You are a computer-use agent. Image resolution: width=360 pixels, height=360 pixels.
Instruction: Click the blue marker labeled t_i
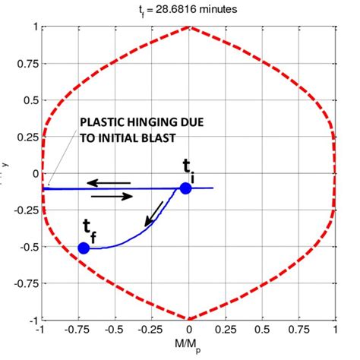[x=185, y=188]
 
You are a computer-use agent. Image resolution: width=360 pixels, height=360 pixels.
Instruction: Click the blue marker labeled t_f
[x=84, y=248]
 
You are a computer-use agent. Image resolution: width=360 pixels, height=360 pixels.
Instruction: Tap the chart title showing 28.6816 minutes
[x=188, y=10]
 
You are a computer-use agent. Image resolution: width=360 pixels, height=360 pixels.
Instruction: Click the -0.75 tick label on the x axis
[x=77, y=332]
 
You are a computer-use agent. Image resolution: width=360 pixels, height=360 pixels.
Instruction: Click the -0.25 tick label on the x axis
[x=150, y=332]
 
